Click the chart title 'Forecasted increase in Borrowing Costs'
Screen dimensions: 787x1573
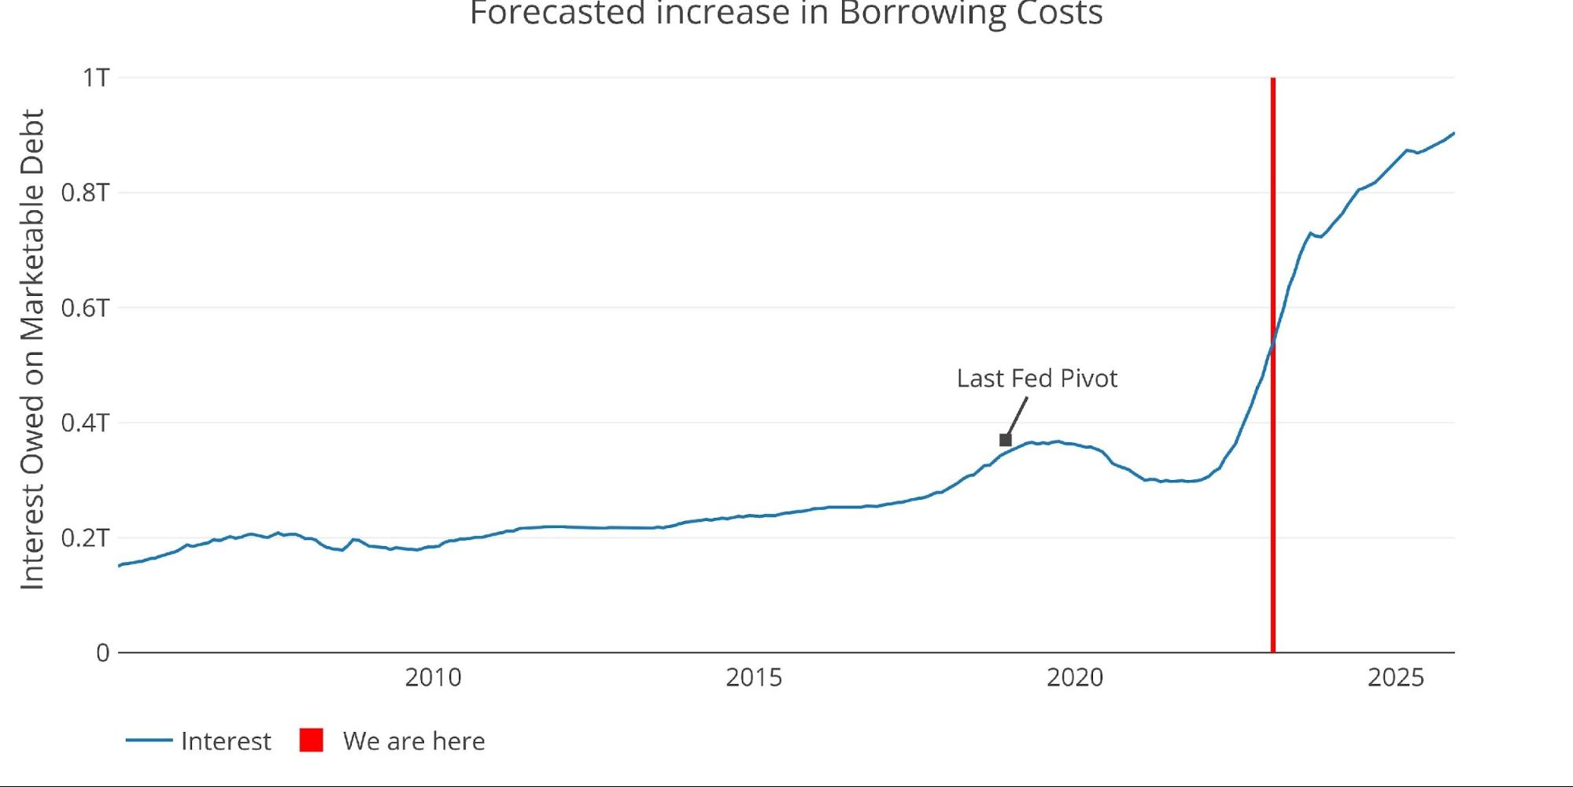(786, 13)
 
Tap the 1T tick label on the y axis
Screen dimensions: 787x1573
(96, 78)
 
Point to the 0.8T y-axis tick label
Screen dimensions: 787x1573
(85, 193)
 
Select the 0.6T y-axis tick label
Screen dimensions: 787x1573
(85, 308)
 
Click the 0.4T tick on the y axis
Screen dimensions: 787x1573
(85, 423)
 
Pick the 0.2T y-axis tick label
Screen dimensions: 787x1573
(85, 538)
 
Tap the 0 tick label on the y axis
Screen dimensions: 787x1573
(102, 652)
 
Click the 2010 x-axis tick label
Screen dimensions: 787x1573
(433, 678)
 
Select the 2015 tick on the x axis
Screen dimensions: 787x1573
(754, 678)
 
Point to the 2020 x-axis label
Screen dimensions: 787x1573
(1075, 678)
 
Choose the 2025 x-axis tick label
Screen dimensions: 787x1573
(1395, 678)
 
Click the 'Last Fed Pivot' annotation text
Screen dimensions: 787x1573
(1037, 379)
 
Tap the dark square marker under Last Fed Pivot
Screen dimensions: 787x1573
(1005, 440)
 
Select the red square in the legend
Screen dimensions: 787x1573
(312, 741)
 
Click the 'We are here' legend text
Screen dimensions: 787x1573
(414, 741)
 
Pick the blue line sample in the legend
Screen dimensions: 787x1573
(149, 741)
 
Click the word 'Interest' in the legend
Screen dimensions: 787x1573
(226, 741)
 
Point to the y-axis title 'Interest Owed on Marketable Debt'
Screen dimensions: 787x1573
(32, 349)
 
